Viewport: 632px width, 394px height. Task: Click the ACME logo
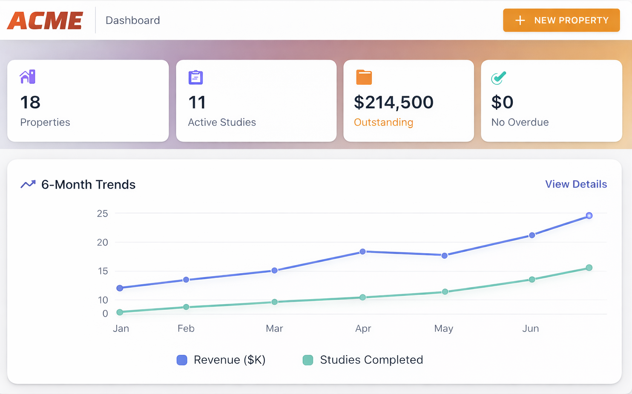click(x=45, y=20)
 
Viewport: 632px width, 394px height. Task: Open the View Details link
click(x=576, y=184)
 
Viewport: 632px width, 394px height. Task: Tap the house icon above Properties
click(x=28, y=77)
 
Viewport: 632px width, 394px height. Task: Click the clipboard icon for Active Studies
click(x=195, y=77)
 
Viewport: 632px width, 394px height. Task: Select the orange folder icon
click(x=364, y=77)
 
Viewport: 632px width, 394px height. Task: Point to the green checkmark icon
click(x=498, y=78)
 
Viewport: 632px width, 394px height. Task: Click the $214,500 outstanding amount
click(x=394, y=102)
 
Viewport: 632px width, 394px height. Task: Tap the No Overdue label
click(x=520, y=123)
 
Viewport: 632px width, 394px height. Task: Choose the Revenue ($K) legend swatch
click(x=182, y=360)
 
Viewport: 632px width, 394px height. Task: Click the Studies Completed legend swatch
click(x=308, y=360)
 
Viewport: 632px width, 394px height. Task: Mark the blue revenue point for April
click(x=362, y=251)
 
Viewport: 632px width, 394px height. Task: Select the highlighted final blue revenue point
click(x=589, y=216)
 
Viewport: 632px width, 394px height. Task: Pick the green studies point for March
click(x=275, y=302)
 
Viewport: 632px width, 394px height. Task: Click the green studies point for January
click(x=120, y=312)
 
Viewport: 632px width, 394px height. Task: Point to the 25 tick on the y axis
click(x=102, y=214)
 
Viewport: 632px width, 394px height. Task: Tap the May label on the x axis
click(x=443, y=328)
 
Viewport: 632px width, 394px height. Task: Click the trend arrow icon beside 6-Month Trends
click(x=28, y=184)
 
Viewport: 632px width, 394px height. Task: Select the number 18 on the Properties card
click(x=30, y=102)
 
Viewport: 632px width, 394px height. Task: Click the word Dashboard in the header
click(x=132, y=20)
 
